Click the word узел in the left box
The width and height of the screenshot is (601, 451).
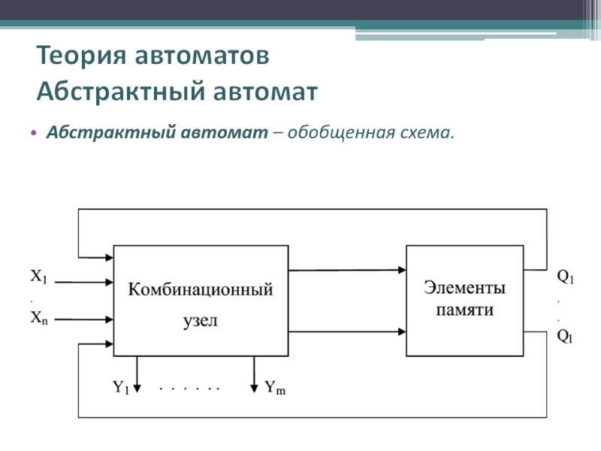(x=200, y=320)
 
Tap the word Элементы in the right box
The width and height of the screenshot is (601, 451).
(x=464, y=287)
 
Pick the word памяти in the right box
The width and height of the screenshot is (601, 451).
(x=465, y=309)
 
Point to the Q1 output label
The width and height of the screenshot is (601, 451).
(x=565, y=277)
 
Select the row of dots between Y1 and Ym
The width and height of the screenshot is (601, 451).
(x=190, y=389)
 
